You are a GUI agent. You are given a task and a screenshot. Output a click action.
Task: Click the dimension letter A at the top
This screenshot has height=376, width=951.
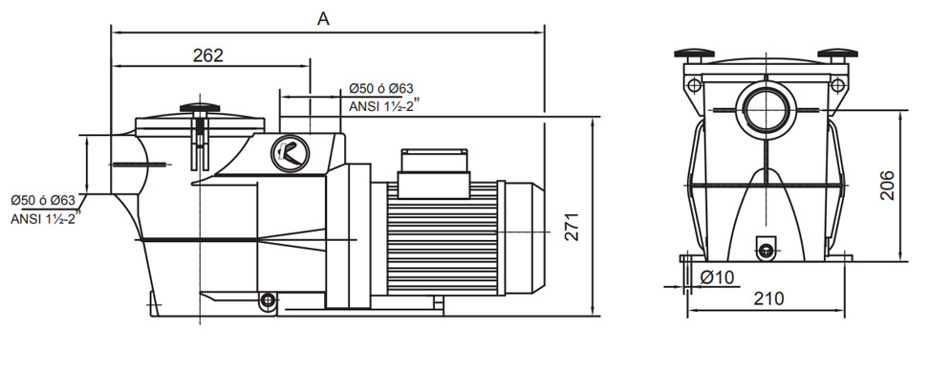pos(323,19)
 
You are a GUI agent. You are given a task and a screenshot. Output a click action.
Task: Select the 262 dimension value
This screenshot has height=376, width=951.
pos(208,55)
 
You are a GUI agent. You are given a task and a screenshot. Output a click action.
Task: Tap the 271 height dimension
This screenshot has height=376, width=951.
pos(572,227)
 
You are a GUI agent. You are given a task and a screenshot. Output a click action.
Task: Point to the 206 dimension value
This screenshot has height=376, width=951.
pos(887,186)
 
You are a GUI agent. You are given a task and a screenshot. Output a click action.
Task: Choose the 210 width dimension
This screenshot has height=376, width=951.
pos(768,299)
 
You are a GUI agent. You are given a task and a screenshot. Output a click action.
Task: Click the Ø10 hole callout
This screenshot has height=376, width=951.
pos(717,277)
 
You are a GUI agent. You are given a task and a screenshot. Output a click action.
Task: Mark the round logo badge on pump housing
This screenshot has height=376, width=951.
pos(290,151)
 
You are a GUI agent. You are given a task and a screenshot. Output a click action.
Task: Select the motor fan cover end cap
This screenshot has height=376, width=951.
pos(521,237)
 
